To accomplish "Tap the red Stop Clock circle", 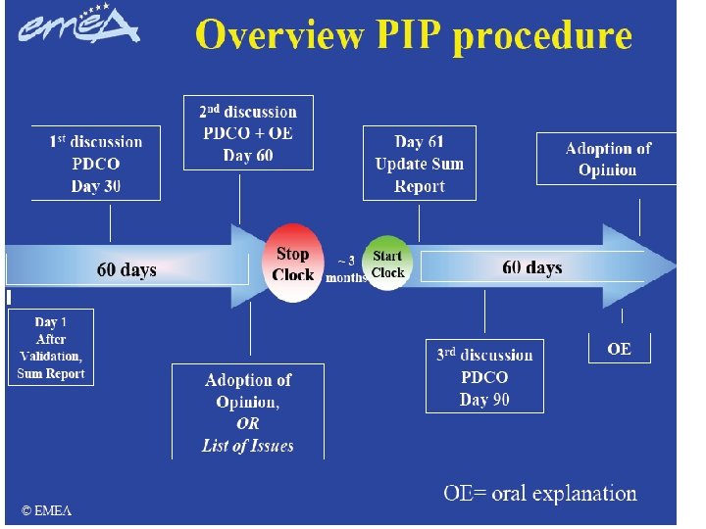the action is pyautogui.click(x=293, y=265).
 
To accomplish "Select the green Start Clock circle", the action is pyautogui.click(x=387, y=264).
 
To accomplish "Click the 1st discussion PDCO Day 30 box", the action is pyautogui.click(x=96, y=164).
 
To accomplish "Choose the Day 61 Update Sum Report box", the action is pyautogui.click(x=419, y=164).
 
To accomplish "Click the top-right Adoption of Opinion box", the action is pyautogui.click(x=607, y=159).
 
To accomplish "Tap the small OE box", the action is pyautogui.click(x=619, y=349).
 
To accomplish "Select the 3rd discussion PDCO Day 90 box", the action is pyautogui.click(x=484, y=377).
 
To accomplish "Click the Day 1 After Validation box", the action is pyautogui.click(x=51, y=348).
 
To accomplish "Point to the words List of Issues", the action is pyautogui.click(x=247, y=446).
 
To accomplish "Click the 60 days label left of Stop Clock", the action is pyautogui.click(x=126, y=269).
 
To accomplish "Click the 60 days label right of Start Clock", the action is pyautogui.click(x=532, y=267).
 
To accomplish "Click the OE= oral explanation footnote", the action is pyautogui.click(x=540, y=494).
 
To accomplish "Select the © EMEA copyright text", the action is pyautogui.click(x=47, y=510).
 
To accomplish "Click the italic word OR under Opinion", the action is pyautogui.click(x=248, y=424).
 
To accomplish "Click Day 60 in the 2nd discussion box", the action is pyautogui.click(x=248, y=155).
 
